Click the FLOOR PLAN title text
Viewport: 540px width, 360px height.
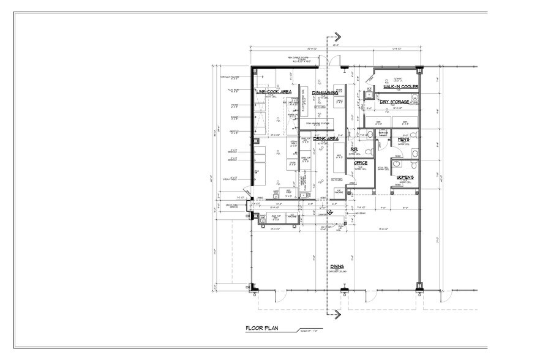(x=261, y=329)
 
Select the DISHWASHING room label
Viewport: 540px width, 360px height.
(x=325, y=93)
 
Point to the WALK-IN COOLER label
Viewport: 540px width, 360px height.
(x=400, y=87)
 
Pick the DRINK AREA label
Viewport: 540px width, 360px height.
(x=326, y=139)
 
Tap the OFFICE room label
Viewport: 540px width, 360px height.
(x=360, y=163)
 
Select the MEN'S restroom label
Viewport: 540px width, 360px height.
(x=403, y=140)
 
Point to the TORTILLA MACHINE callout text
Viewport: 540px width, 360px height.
(x=230, y=77)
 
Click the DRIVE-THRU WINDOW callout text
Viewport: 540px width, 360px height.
(x=230, y=205)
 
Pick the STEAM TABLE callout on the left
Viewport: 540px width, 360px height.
(x=230, y=178)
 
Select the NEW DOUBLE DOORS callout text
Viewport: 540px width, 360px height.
(x=304, y=59)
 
